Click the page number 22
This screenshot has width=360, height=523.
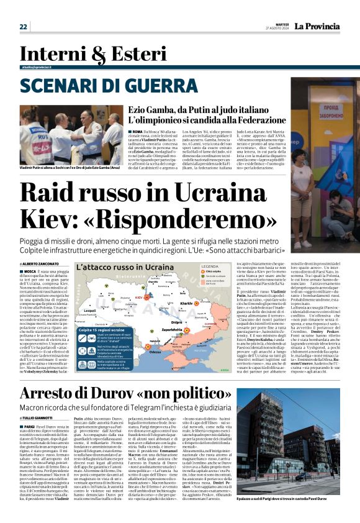24,26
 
